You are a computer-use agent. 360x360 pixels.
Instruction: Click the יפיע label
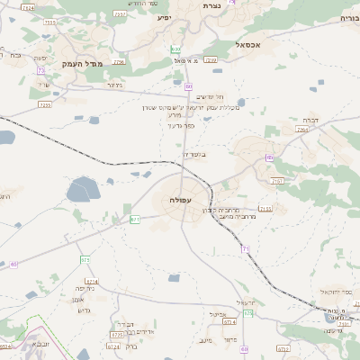coord(164,17)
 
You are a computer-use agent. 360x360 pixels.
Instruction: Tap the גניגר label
coord(114,84)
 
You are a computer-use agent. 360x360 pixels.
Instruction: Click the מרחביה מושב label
coord(238,217)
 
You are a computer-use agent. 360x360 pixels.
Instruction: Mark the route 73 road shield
coord(40,70)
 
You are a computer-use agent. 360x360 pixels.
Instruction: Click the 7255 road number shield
coord(45,105)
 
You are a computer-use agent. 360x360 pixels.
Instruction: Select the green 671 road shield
coord(135,219)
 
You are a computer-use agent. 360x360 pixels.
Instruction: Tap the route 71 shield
coord(245,247)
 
